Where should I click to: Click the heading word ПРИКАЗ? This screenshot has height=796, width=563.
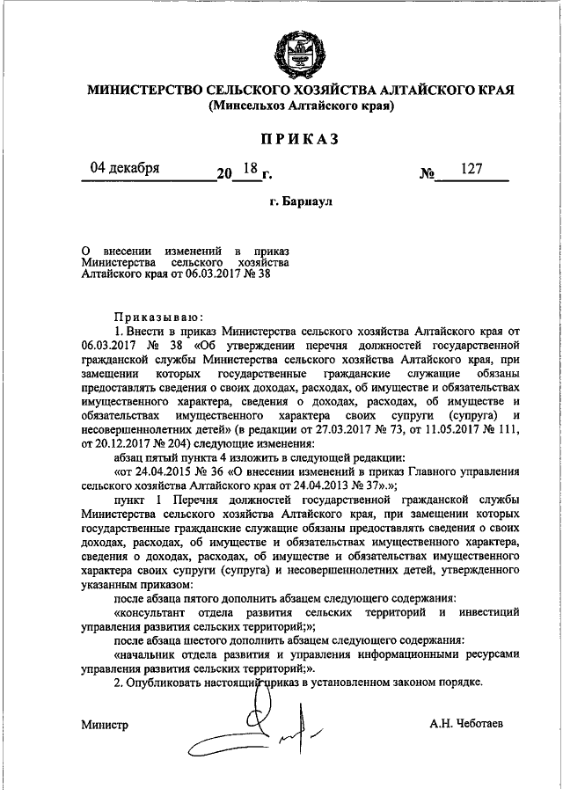(x=300, y=139)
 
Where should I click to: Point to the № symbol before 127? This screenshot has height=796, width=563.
(x=429, y=174)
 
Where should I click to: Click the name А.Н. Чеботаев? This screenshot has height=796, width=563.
(x=467, y=724)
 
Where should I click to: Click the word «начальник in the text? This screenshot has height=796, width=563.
(x=151, y=654)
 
